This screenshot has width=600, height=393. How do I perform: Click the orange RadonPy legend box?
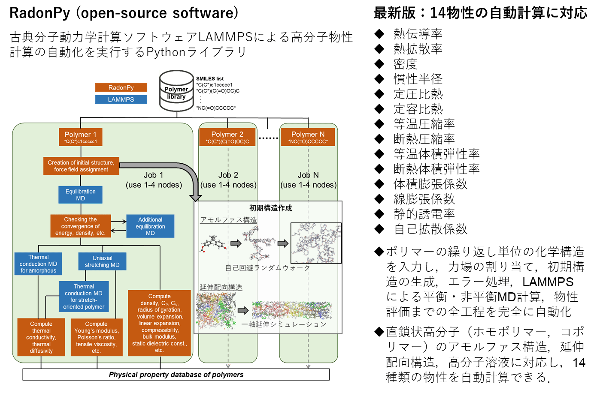[x=121, y=87]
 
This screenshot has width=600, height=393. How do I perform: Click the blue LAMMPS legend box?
[x=121, y=99]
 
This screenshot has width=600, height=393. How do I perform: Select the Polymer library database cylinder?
[x=176, y=91]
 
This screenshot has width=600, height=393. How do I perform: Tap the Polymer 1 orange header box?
[x=81, y=137]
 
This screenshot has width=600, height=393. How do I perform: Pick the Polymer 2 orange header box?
[x=227, y=137]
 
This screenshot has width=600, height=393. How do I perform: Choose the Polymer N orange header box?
[x=308, y=137]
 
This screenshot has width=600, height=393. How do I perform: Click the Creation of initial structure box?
[x=81, y=166]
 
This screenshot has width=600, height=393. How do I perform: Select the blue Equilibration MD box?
[x=81, y=195]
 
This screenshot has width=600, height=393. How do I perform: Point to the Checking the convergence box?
[x=81, y=226]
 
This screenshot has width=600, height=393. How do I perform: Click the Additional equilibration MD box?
[x=150, y=226]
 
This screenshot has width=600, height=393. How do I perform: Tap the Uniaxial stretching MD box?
[x=102, y=261]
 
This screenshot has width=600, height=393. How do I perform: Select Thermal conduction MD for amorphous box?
[x=38, y=264]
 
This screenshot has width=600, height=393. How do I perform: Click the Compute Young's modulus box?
[x=97, y=337]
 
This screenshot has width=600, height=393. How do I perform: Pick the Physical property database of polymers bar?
[x=176, y=375]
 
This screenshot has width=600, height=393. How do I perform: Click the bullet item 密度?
[x=405, y=64]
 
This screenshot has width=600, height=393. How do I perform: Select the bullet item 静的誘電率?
[x=424, y=214]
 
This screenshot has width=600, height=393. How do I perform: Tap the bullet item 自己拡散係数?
[x=430, y=229]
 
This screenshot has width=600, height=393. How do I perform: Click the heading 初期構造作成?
[x=270, y=208]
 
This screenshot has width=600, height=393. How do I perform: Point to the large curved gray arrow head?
[x=196, y=197]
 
